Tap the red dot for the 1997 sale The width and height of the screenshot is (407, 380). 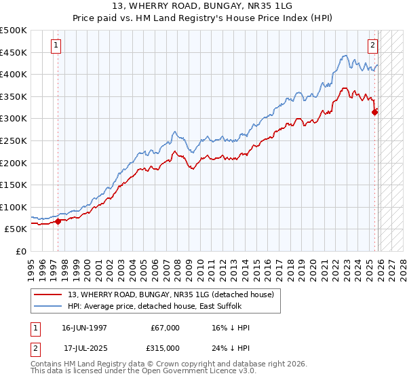tap(58, 221)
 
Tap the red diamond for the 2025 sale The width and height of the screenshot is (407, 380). tap(375, 113)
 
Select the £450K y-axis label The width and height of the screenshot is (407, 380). tap(14, 52)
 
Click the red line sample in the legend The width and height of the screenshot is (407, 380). tap(49, 294)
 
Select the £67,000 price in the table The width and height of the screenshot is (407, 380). tap(166, 328)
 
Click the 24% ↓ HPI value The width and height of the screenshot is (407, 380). tap(231, 348)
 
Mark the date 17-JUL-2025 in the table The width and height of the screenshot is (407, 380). tap(85, 348)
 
